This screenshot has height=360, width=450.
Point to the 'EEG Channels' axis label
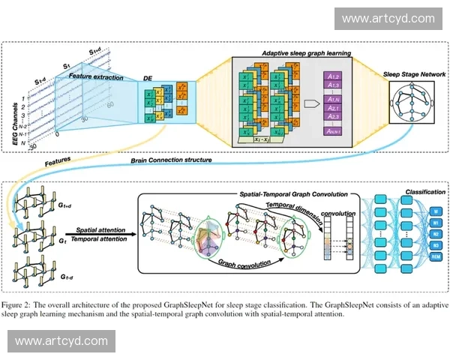point(13,115)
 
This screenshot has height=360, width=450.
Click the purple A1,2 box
point(334,77)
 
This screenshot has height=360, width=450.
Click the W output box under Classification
point(435,211)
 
